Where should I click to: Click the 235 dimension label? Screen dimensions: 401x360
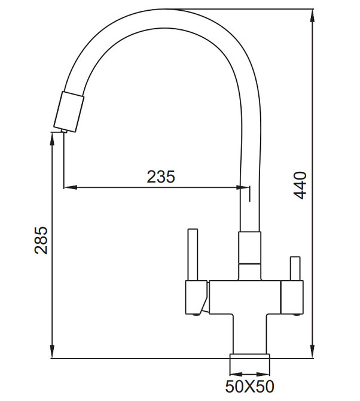[161, 177]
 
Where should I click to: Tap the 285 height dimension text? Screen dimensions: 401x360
[41, 240]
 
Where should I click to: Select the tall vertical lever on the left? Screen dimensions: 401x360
[193, 254]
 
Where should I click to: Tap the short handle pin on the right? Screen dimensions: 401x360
[294, 268]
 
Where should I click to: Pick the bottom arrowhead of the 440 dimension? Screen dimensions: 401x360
[313, 353]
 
